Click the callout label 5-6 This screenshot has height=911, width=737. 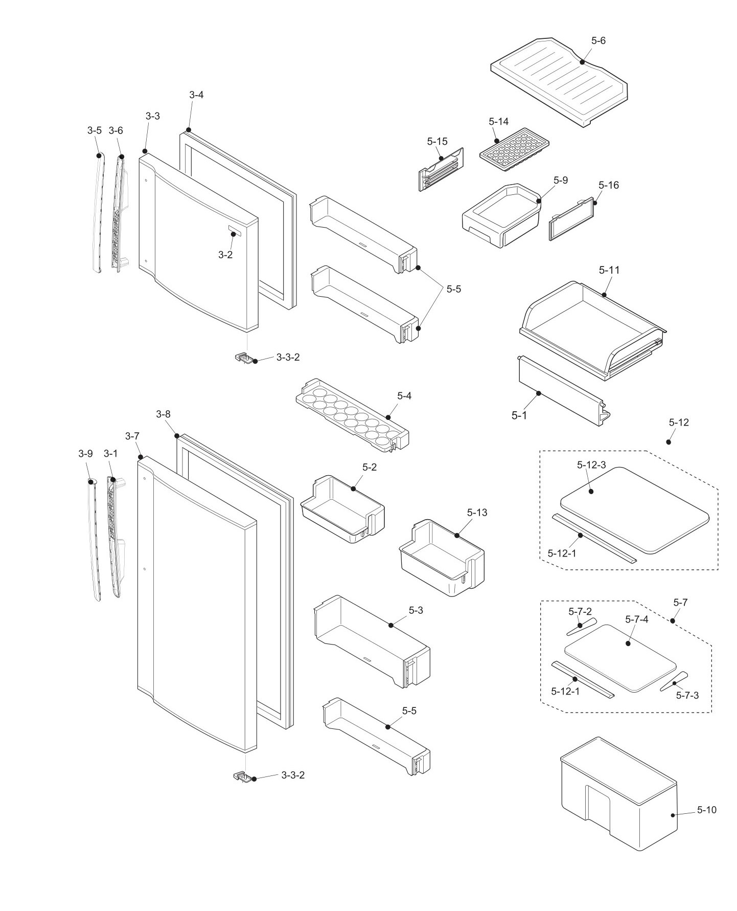[598, 40]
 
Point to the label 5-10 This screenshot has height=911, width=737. [706, 810]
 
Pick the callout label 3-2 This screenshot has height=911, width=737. [225, 255]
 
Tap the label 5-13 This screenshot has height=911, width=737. [477, 513]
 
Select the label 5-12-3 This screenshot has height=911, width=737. [591, 465]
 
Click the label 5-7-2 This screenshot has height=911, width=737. [580, 612]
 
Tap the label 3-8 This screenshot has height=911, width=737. [163, 414]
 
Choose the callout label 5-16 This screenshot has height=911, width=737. [608, 185]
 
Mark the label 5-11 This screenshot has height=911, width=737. [609, 270]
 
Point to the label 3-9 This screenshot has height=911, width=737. [85, 453]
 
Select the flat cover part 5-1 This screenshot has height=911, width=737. [560, 391]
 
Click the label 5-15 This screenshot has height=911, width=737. [437, 141]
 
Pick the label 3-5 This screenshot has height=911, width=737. [94, 130]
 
